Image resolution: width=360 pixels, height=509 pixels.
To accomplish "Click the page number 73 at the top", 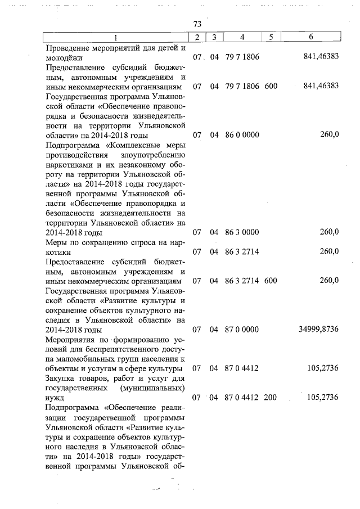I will click(197, 25).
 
